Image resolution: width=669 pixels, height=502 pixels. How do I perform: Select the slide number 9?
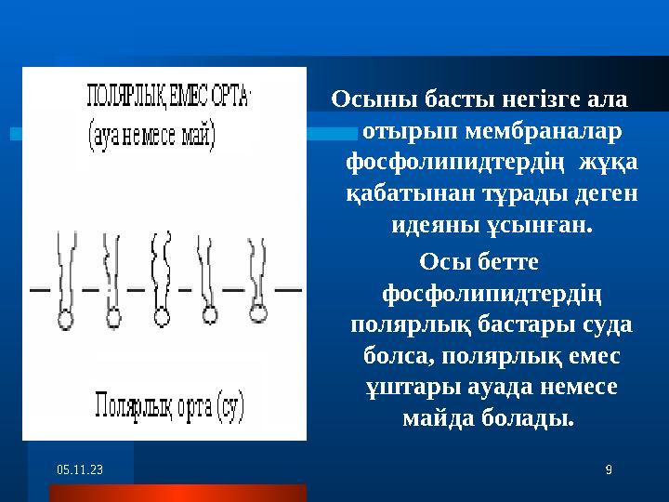608,471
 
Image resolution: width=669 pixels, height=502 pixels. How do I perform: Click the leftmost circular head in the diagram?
66,318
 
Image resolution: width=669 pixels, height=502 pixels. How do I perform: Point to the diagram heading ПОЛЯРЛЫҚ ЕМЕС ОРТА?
167,96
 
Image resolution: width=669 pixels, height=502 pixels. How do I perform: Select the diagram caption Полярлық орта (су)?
167,405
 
